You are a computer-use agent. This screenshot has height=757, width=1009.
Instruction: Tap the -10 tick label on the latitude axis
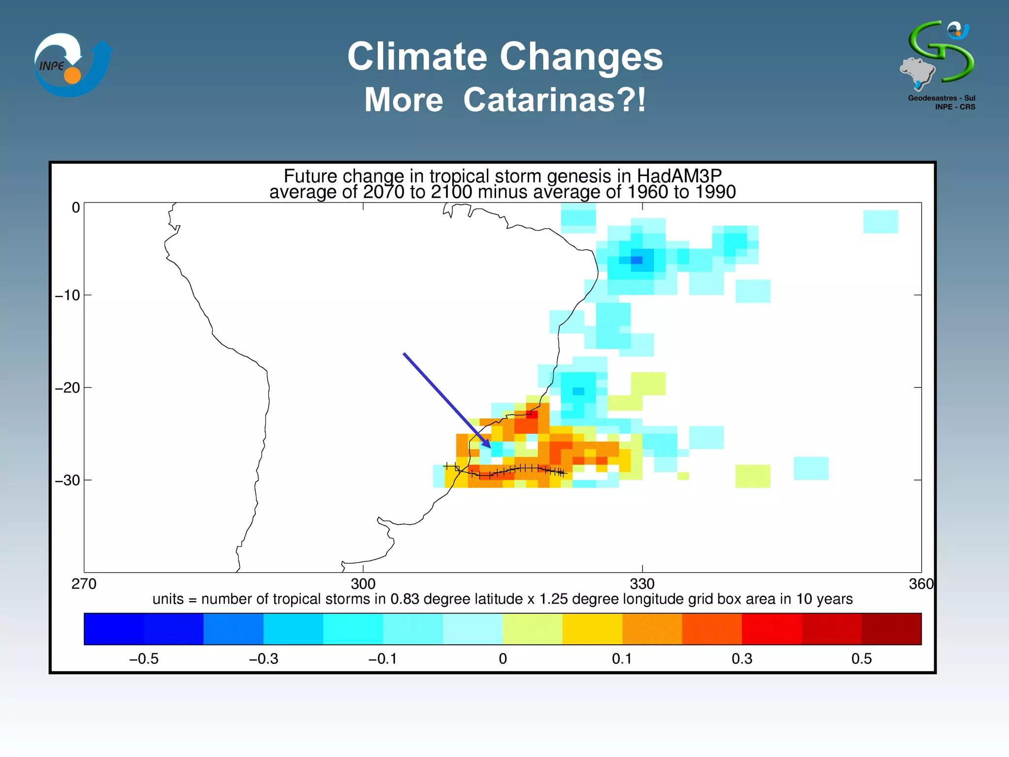[x=67, y=295]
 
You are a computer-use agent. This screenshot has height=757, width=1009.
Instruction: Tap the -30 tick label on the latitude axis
[x=67, y=480]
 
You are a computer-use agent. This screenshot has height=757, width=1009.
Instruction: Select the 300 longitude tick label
[x=363, y=584]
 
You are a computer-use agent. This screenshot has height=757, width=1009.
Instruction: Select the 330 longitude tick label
[x=642, y=584]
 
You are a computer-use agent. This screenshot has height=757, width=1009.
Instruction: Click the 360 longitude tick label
[x=920, y=584]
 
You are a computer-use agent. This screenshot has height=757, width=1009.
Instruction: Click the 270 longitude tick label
[x=84, y=584]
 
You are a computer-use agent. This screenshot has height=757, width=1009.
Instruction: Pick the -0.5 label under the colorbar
[x=144, y=659]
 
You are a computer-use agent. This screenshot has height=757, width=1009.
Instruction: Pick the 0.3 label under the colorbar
[x=742, y=659]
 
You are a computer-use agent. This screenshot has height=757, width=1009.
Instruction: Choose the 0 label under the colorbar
[x=503, y=659]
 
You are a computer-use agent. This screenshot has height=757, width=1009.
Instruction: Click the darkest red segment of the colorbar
[x=891, y=629]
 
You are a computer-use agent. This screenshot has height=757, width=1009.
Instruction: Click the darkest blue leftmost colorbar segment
[x=114, y=629]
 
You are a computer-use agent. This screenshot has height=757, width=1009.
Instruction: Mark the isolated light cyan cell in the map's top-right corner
[x=880, y=222]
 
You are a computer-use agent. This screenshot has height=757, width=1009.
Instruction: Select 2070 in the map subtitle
[x=384, y=192]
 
